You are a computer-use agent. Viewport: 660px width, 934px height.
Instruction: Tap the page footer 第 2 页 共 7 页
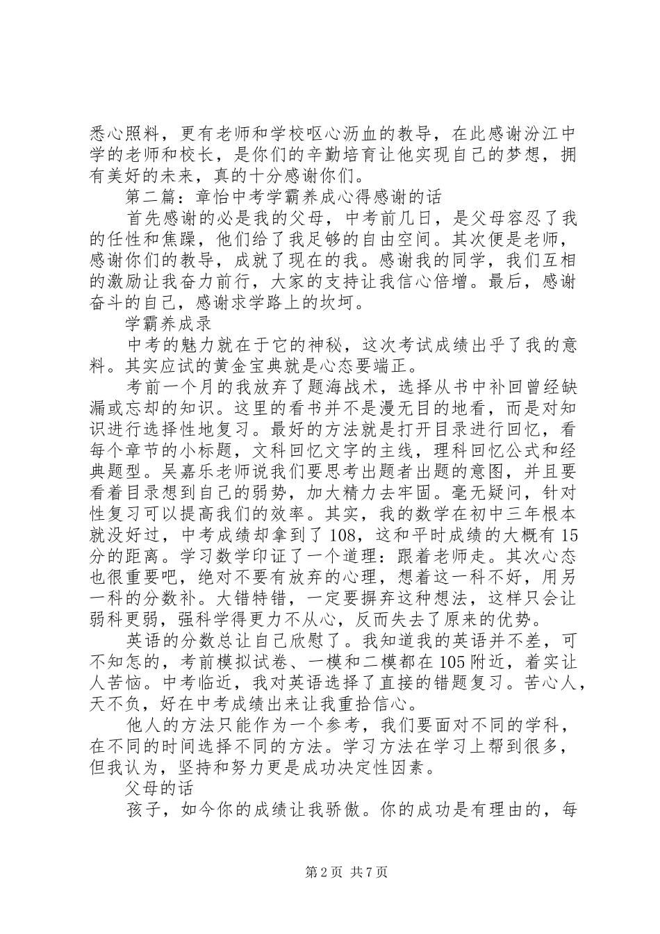pos(329,892)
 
